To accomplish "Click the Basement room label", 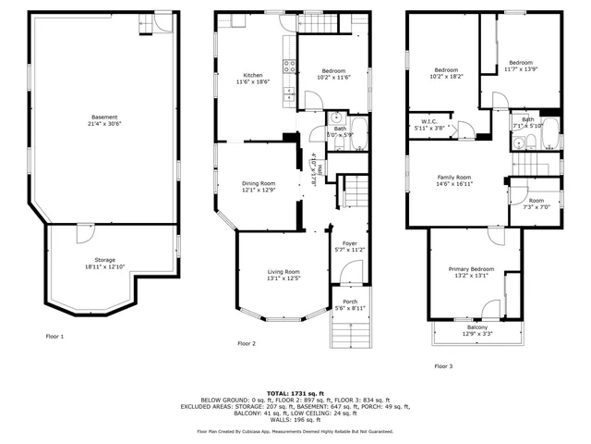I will pos(104,117).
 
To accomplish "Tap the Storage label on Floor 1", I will pos(104,260).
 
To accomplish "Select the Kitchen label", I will pos(253,75).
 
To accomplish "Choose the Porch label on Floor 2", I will pos(350,302).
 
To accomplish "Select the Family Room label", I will pos(454,177).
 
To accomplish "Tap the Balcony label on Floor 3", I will pos(477,327).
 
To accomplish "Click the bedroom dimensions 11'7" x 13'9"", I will pos(520,69).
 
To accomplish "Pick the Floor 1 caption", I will pos(55,336).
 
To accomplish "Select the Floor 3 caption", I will pos(443,365).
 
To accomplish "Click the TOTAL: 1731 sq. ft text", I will pos(295,393).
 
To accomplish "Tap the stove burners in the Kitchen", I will pos(289,67).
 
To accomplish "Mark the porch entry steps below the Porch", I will pos(350,329).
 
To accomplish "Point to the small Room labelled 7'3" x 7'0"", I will pos(536,201).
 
